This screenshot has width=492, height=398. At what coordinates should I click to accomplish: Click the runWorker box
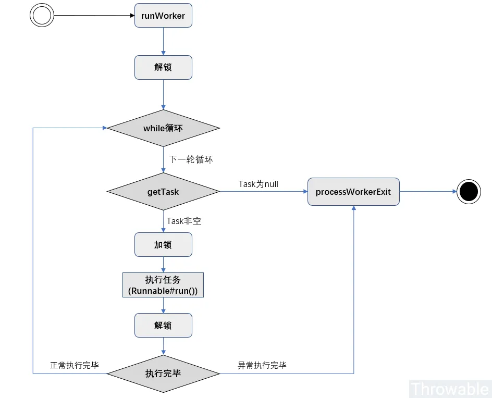163,16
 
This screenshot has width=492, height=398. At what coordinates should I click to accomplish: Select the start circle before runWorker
42,15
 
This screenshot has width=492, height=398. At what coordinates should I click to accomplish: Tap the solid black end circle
469,192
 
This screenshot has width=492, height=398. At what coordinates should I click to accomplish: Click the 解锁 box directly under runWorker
163,68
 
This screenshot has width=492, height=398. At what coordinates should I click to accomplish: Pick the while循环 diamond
163,128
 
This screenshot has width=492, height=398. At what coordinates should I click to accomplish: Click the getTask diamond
163,192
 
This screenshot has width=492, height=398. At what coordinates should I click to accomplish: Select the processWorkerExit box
353,192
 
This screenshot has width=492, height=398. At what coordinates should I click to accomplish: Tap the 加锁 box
163,245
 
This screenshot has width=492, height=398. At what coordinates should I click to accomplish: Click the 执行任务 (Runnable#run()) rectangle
163,285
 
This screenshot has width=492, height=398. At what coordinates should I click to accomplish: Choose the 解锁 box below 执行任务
163,326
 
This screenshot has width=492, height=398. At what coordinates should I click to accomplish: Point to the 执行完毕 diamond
163,374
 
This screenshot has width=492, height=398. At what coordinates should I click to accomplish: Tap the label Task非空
184,221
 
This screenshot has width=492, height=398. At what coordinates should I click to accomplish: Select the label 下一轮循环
191,159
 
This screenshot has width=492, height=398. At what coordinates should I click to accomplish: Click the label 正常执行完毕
74,365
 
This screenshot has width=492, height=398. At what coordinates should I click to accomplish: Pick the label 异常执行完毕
262,365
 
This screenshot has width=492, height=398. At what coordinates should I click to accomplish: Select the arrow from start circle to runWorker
94,16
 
